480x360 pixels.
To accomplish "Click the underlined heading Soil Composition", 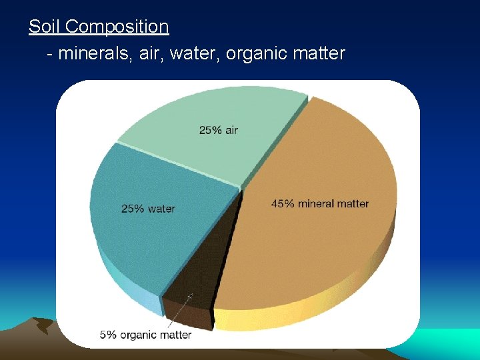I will coord(99,27).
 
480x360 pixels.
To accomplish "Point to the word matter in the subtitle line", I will coord(319,53).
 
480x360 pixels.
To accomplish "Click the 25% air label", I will coord(218,130).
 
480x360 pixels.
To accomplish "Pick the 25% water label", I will coord(148,209).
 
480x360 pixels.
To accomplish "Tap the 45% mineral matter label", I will coord(319,203).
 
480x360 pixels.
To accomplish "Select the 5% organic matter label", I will coord(145,334).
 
